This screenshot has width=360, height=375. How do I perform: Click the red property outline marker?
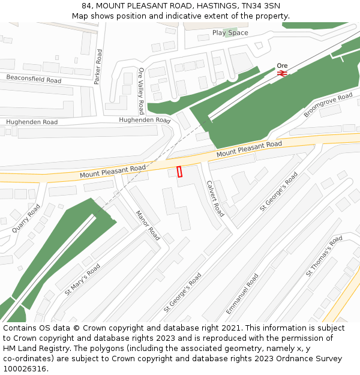pyautogui.click(x=179, y=172)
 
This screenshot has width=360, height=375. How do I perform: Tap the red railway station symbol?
pyautogui.click(x=283, y=73)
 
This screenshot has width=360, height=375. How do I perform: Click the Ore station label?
pyautogui.click(x=282, y=65)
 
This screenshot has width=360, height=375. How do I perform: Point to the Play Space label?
pyautogui.click(x=230, y=32)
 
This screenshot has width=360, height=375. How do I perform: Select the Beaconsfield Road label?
pyautogui.click(x=34, y=79)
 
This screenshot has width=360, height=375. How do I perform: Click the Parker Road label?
pyautogui.click(x=98, y=67)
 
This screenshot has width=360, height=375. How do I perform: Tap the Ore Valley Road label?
pyautogui.click(x=141, y=91)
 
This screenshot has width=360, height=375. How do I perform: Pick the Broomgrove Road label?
pyautogui.click(x=328, y=105)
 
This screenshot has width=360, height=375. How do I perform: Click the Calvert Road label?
pyautogui.click(x=215, y=199)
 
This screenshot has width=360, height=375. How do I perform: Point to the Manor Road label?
pyautogui.click(x=147, y=225)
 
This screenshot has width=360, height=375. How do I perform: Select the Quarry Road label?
pyautogui.click(x=26, y=218)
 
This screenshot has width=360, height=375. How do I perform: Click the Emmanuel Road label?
pyautogui.click(x=242, y=294)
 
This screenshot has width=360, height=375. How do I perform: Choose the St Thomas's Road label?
pyautogui.click(x=324, y=256)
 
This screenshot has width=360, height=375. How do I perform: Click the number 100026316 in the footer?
pyautogui.click(x=23, y=368)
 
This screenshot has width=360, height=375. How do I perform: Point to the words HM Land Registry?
pyautogui.click(x=32, y=348)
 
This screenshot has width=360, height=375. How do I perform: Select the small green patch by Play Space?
pyautogui.click(x=227, y=31)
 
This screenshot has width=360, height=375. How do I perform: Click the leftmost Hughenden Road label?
pyautogui.click(x=32, y=122)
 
